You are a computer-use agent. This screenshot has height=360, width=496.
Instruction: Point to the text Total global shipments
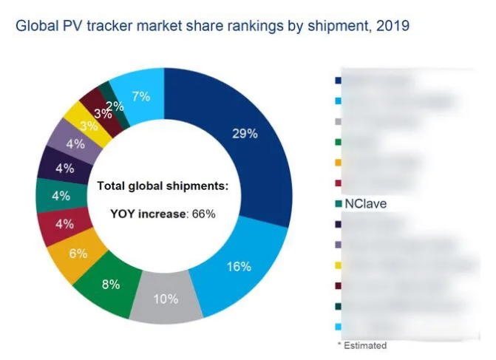(163, 186)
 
